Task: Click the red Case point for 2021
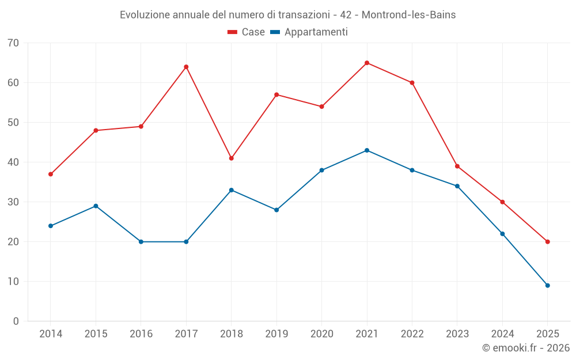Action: click(367, 63)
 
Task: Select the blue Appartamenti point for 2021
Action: click(367, 150)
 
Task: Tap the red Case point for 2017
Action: click(186, 67)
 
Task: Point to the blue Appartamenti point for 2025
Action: click(547, 285)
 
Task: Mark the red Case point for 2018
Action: click(232, 158)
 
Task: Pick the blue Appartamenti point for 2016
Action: click(141, 241)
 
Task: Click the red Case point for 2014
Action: click(51, 174)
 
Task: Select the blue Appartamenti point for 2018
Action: click(232, 190)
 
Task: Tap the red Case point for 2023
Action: click(457, 166)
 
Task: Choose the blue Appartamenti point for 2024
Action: click(502, 234)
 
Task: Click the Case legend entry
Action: click(246, 32)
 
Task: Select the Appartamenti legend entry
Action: click(309, 32)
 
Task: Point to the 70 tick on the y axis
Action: click(13, 43)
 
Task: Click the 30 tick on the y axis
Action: click(13, 202)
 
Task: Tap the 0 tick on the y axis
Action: click(16, 321)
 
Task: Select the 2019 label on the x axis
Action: click(276, 334)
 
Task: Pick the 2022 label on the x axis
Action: click(412, 334)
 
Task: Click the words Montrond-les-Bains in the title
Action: click(408, 15)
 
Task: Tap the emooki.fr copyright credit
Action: click(525, 348)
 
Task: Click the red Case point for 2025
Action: click(547, 241)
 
